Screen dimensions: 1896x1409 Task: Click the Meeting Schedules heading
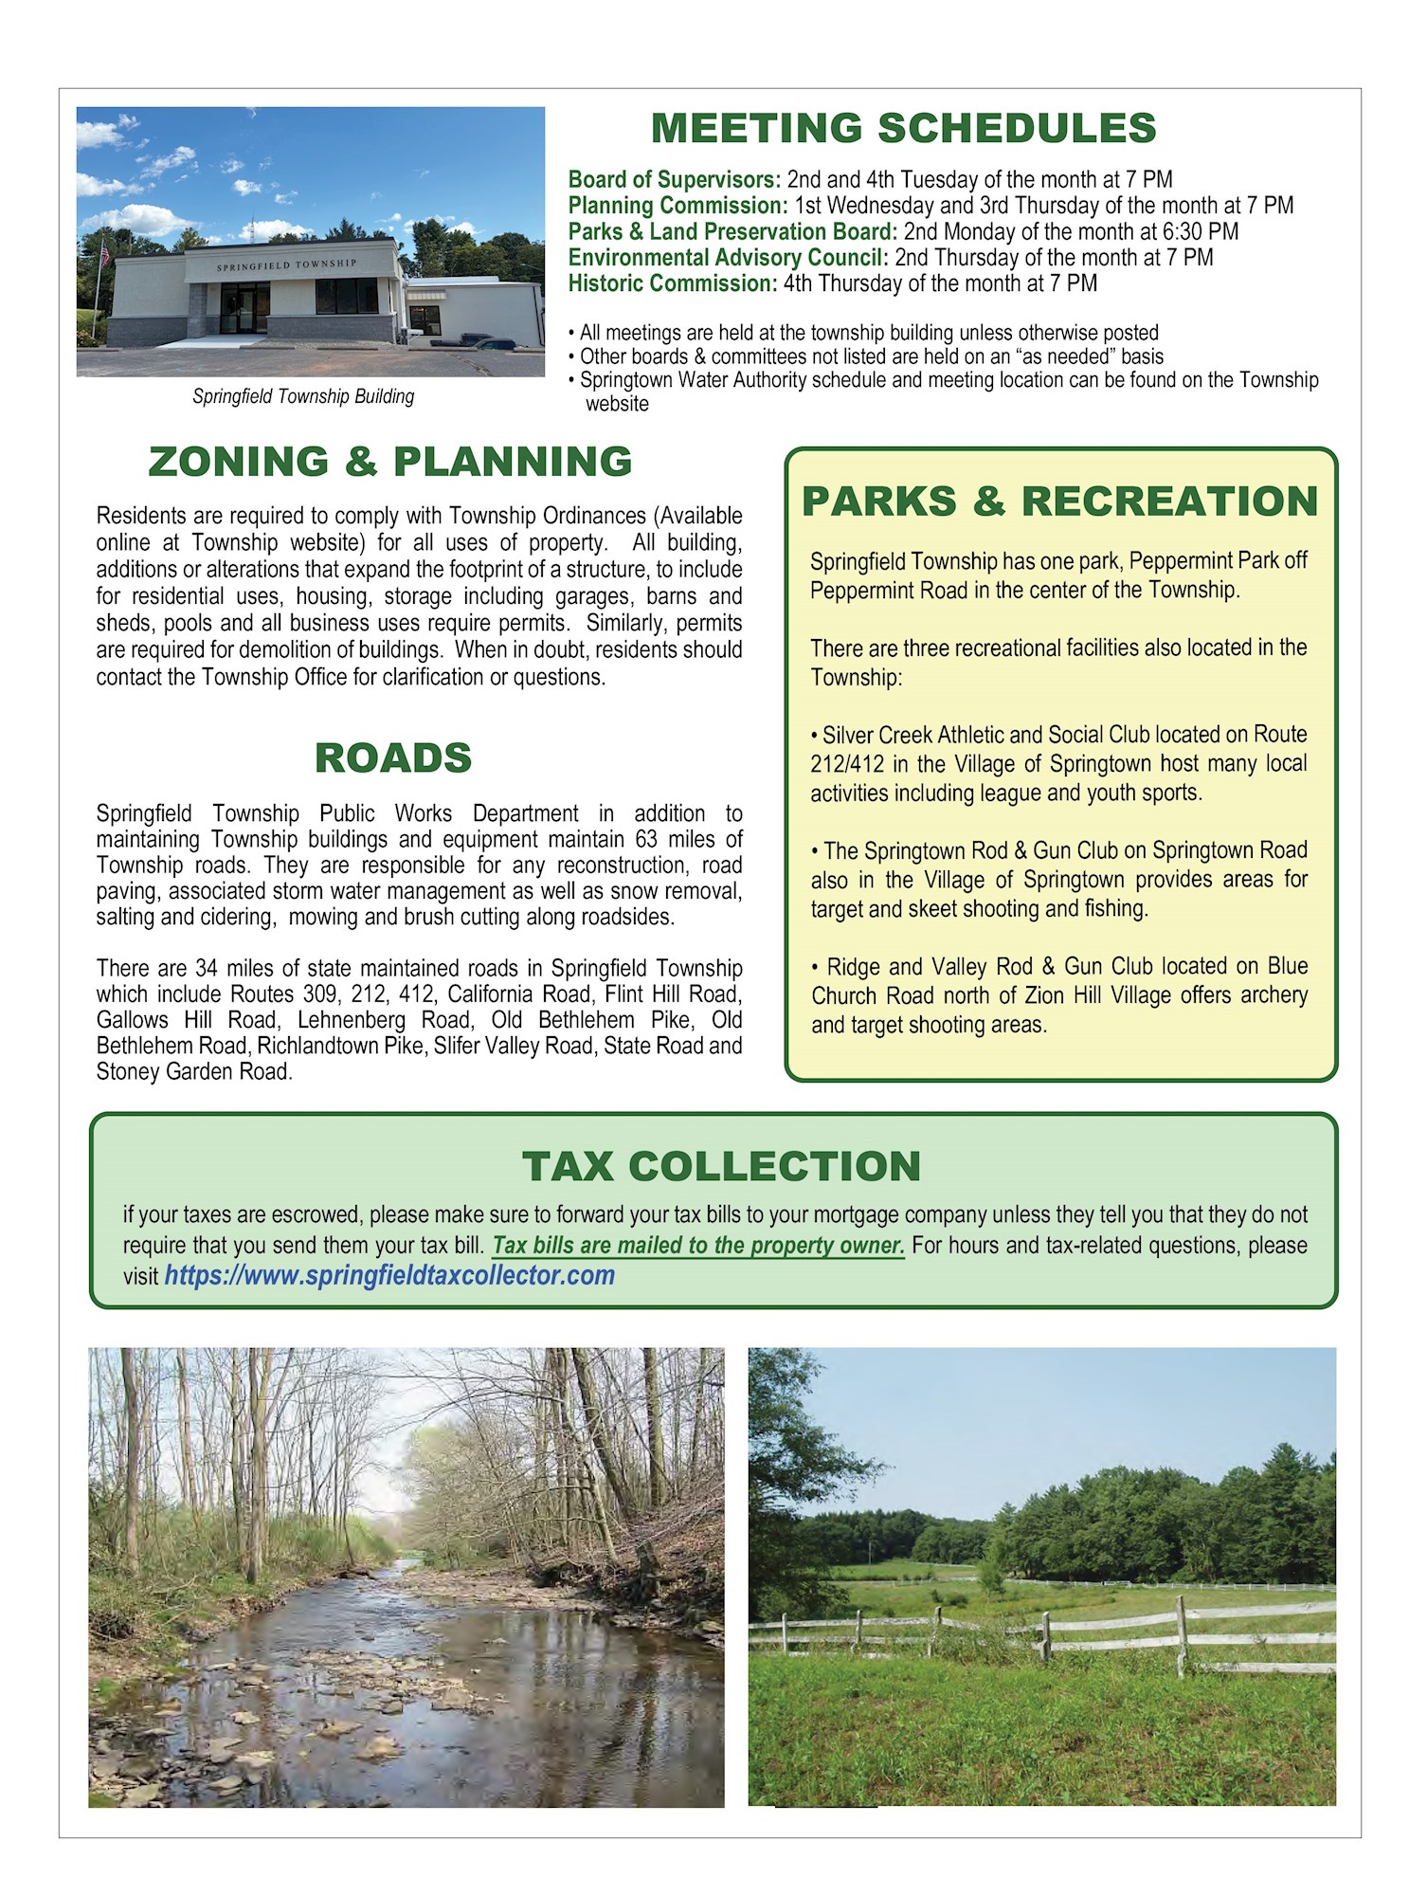903,128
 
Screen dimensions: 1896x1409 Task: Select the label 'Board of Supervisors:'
674,180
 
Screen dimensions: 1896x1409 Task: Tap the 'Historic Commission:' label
672,283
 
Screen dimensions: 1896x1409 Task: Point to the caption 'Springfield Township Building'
303,396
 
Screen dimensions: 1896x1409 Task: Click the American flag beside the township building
105,255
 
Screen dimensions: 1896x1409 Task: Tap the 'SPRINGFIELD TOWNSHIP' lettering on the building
286,264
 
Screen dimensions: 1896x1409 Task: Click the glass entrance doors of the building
244,309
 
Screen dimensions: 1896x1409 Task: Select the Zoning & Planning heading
390,462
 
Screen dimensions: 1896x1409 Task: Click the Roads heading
393,757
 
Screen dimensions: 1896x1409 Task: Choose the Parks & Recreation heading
1059,501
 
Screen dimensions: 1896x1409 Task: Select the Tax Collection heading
721,1166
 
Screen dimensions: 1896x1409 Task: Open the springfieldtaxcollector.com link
389,1276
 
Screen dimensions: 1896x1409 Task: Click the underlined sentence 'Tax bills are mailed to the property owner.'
698,1246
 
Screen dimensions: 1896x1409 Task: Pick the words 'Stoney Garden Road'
193,1072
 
